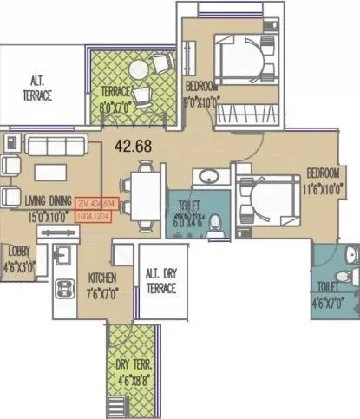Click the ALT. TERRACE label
click(x=36, y=87)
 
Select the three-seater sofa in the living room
click(x=50, y=143)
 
